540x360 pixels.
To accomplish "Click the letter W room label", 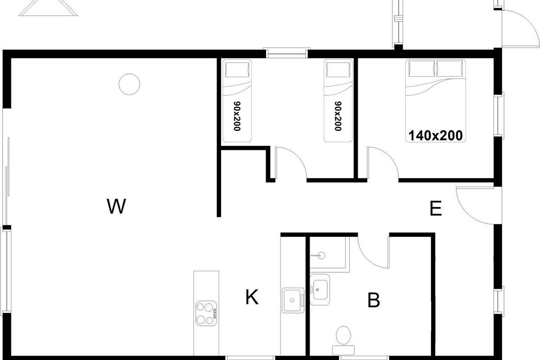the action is coord(116,206).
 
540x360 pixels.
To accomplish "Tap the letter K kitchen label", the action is coord(252,297).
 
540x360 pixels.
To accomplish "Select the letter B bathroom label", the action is coord(373,300).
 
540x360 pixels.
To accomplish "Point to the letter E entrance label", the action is coord(436,208).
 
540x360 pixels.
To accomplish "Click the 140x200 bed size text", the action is coord(436,135).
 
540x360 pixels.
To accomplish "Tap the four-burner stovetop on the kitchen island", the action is coord(206,313).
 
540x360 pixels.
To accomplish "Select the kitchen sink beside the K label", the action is coord(293,300).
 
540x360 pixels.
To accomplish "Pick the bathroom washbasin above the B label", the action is coord(319,289).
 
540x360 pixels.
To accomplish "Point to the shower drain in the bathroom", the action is coord(321,255).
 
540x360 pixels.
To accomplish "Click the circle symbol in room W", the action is coord(129,84).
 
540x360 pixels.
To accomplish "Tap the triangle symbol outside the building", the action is coord(48,8).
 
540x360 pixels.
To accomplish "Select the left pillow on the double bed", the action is coord(421,68).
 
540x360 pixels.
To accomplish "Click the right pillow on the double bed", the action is coord(450,68).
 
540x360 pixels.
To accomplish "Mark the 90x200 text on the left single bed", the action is coord(237,116).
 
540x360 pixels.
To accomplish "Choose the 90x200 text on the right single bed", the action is coord(338,116).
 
